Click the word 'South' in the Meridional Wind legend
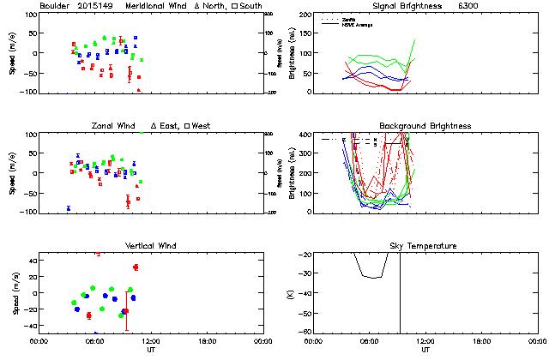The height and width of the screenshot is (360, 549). click(252, 6)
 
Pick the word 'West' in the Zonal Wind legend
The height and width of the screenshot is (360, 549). click(202, 126)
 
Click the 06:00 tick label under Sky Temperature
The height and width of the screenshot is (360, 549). click(371, 340)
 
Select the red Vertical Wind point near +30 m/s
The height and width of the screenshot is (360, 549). click(136, 267)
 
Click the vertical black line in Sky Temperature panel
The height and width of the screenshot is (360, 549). click(400, 291)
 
